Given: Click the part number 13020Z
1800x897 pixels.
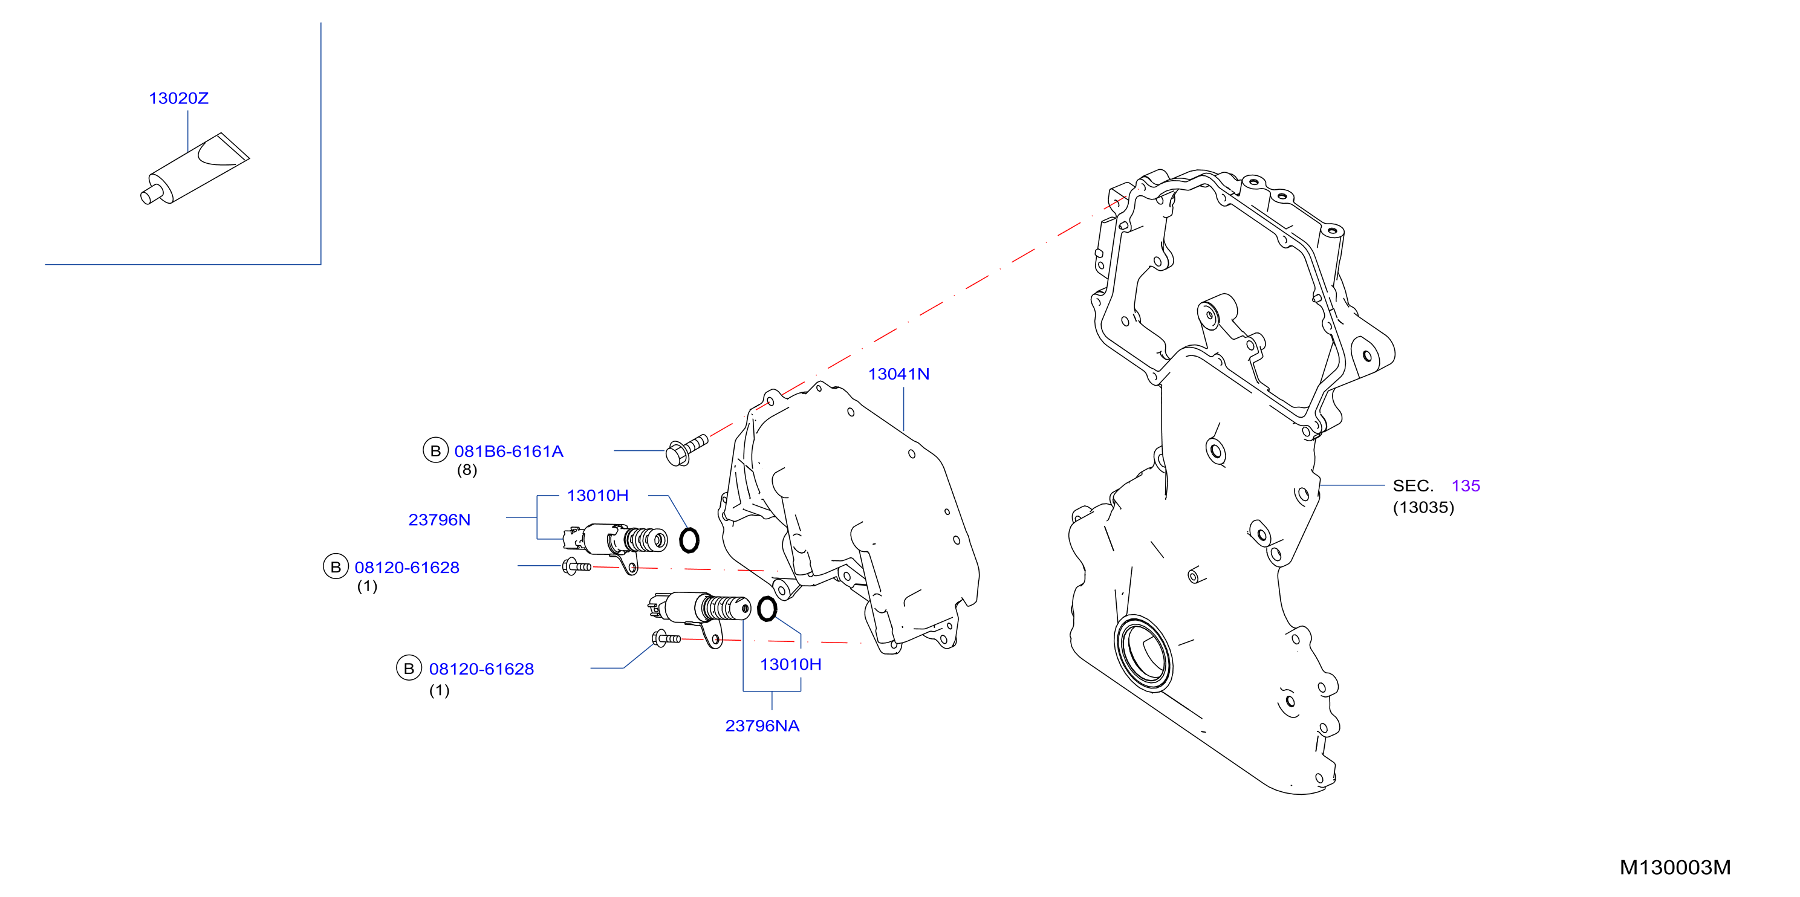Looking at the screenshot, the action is coord(179,99).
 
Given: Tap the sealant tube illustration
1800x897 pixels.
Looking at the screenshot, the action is coord(195,169).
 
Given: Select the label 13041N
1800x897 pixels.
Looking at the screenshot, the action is coord(898,374).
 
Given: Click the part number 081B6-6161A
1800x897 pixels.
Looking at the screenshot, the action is coord(508,452).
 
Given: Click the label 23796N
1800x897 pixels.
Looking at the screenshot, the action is coord(440,520).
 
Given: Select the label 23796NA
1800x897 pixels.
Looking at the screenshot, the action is coord(762,727).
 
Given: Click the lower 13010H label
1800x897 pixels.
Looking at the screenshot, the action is coord(790,665).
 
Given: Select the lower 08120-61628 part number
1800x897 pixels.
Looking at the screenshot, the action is coord(481,669).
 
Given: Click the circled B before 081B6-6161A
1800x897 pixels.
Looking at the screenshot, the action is coord(435,450).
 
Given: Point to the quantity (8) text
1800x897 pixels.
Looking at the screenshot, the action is coord(467,470).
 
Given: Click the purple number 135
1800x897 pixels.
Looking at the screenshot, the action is coord(1465,486).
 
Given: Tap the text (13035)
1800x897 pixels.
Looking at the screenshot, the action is coord(1423,508).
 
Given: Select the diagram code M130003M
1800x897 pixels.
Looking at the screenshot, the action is coord(1675,867).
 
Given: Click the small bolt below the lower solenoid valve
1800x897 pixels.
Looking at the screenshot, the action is coord(666,638).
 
